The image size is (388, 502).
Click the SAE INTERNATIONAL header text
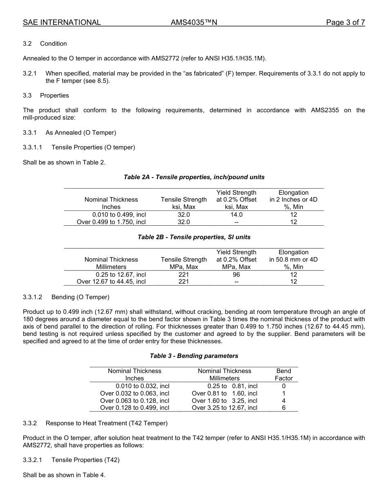click(x=62, y=22)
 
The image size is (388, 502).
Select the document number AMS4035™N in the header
click(x=194, y=22)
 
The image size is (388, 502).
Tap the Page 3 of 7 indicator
click(x=345, y=22)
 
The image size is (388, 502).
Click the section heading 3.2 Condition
click(x=45, y=44)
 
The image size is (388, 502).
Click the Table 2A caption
click(x=194, y=177)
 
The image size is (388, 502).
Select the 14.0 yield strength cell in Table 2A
click(x=236, y=215)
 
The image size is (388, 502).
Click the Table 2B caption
click(x=194, y=237)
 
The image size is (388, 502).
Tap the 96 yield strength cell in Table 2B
click(x=236, y=275)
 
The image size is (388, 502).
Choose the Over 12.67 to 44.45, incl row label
click(x=111, y=282)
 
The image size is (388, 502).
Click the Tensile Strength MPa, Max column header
click(x=184, y=263)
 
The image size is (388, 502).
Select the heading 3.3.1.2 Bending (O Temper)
click(x=66, y=297)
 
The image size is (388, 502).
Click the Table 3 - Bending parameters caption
click(x=194, y=356)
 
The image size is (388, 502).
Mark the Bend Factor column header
click(x=284, y=375)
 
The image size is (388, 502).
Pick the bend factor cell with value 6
click(x=284, y=408)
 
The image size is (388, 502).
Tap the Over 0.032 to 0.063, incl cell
click(x=135, y=393)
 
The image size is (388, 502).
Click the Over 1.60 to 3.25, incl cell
click(x=225, y=401)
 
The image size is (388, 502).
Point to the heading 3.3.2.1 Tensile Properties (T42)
click(x=71, y=460)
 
